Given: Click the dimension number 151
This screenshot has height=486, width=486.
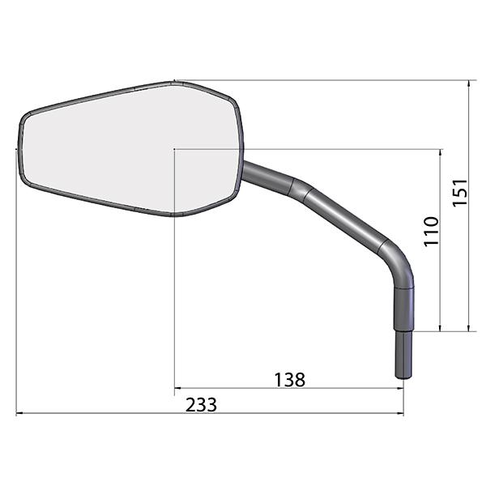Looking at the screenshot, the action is tap(460, 192).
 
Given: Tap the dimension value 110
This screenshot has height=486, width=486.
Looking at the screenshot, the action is tap(432, 231).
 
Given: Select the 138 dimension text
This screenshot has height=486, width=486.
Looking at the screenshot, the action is tap(290, 380).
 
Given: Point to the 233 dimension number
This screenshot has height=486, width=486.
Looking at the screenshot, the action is tap(201, 405).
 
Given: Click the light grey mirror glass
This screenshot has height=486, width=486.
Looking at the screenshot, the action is tap(130, 149).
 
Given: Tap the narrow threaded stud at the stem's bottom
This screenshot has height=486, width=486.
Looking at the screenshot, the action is tap(403, 354).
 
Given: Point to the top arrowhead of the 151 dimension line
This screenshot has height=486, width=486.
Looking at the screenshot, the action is tap(469, 83).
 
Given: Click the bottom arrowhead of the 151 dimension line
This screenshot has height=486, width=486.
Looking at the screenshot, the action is tap(469, 327).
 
